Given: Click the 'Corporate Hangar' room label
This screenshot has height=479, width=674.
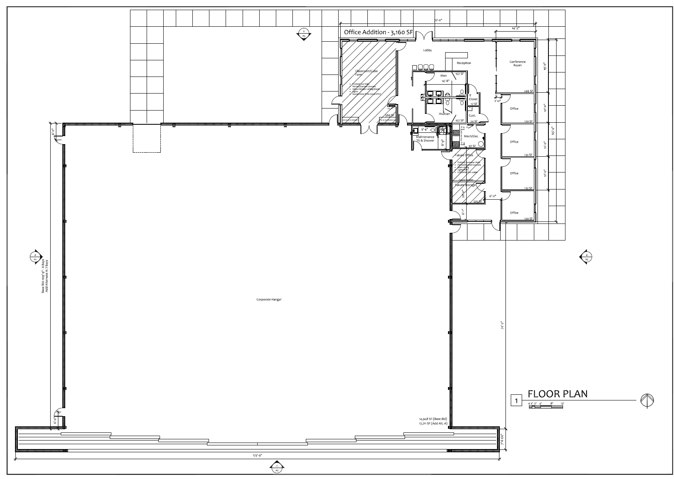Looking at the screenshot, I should pos(269,300).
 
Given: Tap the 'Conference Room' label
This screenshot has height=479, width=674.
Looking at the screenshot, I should pos(517,64).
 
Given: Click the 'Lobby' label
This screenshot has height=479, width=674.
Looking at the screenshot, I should pos(427,51).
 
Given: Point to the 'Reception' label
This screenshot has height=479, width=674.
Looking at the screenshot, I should pos(464,63).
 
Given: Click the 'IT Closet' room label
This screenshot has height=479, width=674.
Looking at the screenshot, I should pos(473,97).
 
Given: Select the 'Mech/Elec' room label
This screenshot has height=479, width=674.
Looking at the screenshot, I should pos(471,136).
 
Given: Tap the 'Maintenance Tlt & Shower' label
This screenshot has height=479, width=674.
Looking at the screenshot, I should pos(425,139).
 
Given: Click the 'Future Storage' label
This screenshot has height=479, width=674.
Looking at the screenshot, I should pos(465,185).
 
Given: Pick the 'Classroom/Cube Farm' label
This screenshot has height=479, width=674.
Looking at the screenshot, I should pos(366,72).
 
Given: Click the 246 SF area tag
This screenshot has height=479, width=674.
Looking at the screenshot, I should pos(528,92).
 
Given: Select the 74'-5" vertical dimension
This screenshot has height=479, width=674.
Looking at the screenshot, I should pos(502,326).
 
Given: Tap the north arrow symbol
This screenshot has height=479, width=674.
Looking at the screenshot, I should pos(647,401).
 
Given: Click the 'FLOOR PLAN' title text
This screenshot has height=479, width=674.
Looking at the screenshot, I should pos(557,394).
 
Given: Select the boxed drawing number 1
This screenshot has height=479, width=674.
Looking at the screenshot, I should pos(516,401).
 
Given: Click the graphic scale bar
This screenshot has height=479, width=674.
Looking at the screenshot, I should pos(546,407).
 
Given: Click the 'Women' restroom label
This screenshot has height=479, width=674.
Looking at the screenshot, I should pos(444,114).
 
